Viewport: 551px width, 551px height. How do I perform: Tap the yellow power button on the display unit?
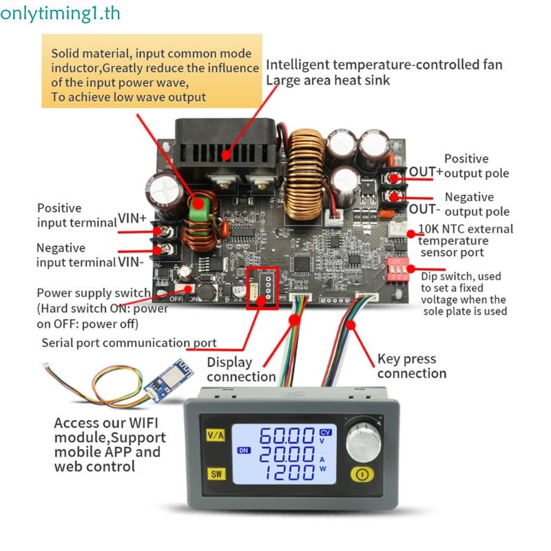360,474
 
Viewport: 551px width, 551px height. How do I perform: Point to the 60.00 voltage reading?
286,436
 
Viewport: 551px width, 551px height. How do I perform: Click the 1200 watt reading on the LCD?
286,473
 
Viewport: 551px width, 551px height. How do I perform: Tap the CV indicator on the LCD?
326,432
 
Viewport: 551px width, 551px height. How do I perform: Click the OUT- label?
423,208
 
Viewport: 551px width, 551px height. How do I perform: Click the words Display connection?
240,369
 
